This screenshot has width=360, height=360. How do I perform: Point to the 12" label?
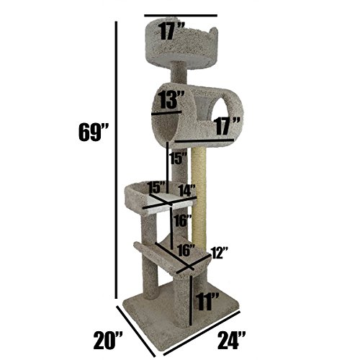pos(220,253)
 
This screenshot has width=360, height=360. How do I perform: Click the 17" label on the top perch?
pos(171,30)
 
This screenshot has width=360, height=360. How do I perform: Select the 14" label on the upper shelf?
pos(187,191)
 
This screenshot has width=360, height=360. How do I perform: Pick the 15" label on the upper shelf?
pos(157,187)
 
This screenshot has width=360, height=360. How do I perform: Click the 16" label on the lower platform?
pos(186,251)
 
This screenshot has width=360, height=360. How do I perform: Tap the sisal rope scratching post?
pos(199,194)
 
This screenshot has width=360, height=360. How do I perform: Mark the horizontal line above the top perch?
pos(179,14)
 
